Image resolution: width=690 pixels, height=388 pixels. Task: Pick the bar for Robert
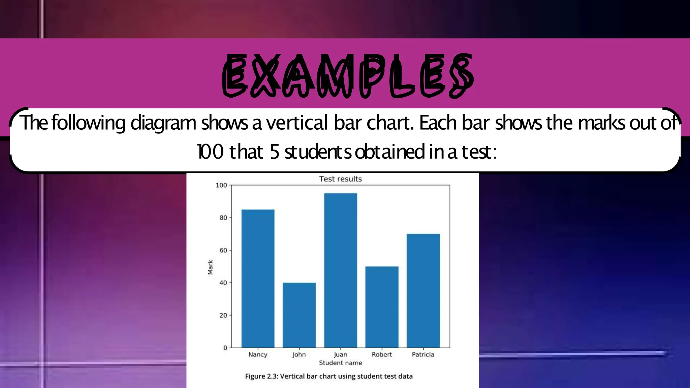(382, 307)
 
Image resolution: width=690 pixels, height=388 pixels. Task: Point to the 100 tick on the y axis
(221, 185)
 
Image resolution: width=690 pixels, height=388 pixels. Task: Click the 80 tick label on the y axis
(223, 218)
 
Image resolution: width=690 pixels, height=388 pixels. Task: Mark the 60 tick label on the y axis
(223, 251)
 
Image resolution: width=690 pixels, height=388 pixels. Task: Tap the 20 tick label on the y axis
(223, 316)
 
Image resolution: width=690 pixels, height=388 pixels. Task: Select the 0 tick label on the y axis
(225, 348)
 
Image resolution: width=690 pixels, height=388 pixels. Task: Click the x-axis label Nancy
(258, 354)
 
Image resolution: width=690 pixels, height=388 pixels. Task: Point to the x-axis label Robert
(382, 354)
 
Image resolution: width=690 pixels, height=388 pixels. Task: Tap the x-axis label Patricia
(423, 354)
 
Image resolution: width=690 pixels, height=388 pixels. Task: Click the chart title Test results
(340, 179)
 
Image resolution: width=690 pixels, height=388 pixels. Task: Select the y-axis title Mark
(211, 267)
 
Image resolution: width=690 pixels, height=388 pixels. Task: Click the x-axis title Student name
(340, 363)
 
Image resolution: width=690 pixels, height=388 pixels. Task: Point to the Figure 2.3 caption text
(328, 376)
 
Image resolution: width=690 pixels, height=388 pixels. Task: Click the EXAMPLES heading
(348, 75)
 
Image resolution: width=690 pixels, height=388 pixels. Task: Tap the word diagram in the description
(163, 123)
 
